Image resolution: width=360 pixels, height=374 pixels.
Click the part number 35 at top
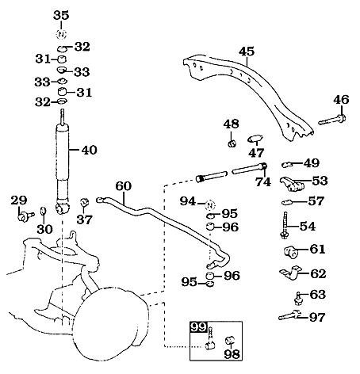click(x=62, y=15)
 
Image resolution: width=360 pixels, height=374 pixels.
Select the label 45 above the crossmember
click(x=247, y=52)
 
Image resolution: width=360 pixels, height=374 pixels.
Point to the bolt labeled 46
click(x=332, y=121)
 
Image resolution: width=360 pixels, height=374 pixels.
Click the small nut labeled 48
click(x=231, y=143)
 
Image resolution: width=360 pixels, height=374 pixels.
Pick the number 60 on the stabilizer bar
click(x=123, y=187)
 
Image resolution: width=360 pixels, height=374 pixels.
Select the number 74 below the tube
click(x=262, y=182)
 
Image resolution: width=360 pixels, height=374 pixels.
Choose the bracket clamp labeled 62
click(x=289, y=274)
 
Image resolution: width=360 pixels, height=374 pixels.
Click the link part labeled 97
click(x=289, y=318)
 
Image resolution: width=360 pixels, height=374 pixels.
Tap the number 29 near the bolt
click(x=19, y=200)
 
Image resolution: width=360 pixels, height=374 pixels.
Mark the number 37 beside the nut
click(x=84, y=219)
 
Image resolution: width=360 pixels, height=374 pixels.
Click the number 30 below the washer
click(x=44, y=228)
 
